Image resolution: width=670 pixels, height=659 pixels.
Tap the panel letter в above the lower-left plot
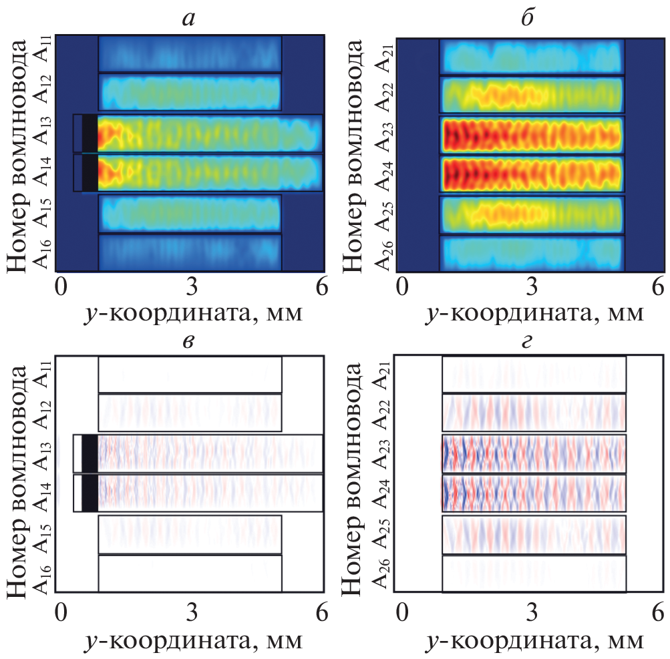click(189, 341)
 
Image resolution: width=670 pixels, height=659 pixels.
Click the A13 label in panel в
click(43, 454)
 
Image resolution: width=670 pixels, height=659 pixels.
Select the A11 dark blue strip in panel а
click(190, 54)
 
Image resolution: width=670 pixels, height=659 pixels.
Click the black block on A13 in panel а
click(90, 133)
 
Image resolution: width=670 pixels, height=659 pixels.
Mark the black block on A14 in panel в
click(90, 493)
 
